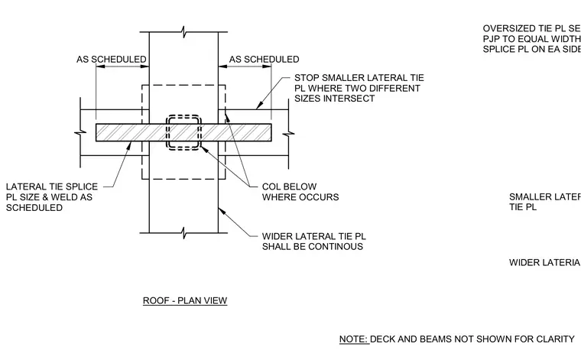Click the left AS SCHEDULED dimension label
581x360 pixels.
point(112,60)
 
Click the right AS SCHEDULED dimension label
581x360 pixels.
point(265,60)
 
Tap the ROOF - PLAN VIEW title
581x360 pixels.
point(185,300)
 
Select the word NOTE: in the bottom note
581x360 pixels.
point(353,339)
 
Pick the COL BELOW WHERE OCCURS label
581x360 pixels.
point(300,192)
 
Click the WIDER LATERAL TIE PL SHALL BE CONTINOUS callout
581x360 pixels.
point(314,242)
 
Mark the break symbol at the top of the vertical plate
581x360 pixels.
point(183,32)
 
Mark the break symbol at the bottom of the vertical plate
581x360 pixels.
point(183,233)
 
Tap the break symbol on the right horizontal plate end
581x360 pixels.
point(289,133)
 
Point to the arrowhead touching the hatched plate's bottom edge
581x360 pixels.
point(130,144)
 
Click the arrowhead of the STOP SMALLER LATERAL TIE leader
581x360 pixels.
point(258,106)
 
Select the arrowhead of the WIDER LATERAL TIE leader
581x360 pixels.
point(221,211)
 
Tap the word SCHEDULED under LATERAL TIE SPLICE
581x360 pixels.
point(34,208)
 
